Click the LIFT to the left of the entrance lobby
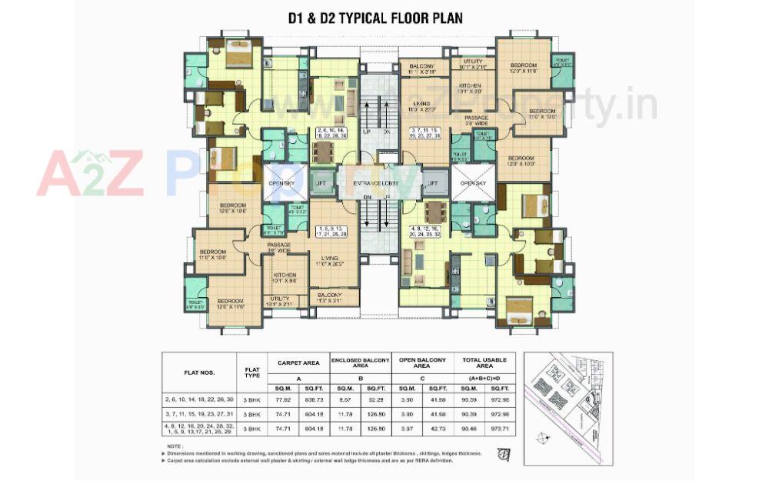(x=320, y=183)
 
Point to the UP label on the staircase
(x=367, y=132)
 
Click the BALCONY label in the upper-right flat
(x=423, y=68)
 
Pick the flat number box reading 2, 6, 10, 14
(x=331, y=132)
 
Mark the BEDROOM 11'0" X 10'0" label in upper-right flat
(x=543, y=115)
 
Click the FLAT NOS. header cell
(x=199, y=372)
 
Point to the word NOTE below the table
(x=175, y=446)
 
